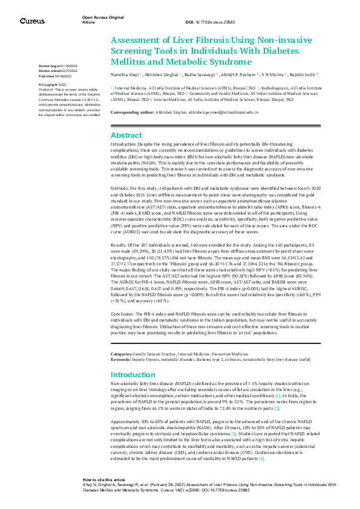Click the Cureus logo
[32, 21]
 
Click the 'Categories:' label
[125, 336]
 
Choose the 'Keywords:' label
[124, 342]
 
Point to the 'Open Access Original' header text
[103, 18]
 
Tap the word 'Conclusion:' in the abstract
[123, 316]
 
